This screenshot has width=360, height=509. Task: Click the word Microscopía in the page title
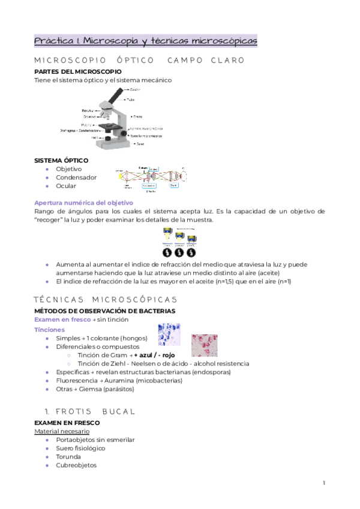(112, 41)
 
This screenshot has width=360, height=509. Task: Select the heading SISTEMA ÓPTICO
(61, 161)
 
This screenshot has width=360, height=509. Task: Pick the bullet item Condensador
(76, 178)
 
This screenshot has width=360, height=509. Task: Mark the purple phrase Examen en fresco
(62, 319)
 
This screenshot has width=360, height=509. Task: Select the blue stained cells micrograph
(169, 335)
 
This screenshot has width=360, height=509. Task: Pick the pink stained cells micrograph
(205, 345)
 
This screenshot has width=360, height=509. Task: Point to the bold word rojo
(168, 355)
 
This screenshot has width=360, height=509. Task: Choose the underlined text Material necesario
(62, 431)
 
